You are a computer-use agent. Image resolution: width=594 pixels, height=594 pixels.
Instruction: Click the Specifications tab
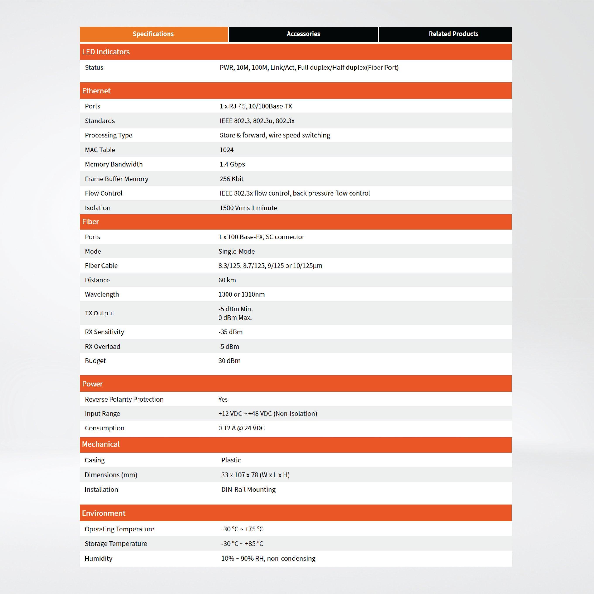click(153, 34)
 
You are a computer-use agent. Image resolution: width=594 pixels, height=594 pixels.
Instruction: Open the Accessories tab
click(303, 34)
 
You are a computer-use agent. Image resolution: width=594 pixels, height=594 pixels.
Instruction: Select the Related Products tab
click(453, 34)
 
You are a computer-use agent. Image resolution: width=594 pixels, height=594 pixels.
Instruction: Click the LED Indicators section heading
click(106, 52)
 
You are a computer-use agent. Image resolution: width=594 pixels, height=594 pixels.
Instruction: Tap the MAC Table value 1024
click(227, 150)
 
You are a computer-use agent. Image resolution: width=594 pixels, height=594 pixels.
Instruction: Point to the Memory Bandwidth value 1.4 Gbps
click(232, 164)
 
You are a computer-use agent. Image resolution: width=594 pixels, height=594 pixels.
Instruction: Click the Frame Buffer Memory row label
click(117, 179)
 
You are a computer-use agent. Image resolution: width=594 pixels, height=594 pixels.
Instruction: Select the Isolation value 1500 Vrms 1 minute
click(248, 208)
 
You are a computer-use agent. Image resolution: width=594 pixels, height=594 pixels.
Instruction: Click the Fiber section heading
click(90, 222)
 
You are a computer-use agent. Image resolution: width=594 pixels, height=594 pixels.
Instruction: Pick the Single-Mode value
click(236, 251)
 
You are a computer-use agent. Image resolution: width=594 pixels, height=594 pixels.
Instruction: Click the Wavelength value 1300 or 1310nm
click(241, 294)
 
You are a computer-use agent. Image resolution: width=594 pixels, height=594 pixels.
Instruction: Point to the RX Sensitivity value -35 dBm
click(230, 332)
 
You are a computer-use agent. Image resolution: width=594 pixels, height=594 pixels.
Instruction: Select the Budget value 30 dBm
click(229, 361)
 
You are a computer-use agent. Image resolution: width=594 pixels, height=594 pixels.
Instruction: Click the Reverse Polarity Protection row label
click(124, 399)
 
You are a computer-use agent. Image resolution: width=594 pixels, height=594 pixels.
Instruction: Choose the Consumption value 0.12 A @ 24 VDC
click(241, 428)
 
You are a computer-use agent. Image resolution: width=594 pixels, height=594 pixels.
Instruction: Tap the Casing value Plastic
click(231, 460)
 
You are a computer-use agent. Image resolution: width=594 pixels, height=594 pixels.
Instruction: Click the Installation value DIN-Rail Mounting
click(248, 489)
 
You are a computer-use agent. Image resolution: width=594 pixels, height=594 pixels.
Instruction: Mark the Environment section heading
click(104, 513)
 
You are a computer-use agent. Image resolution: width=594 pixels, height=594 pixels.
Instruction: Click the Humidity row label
click(98, 558)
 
